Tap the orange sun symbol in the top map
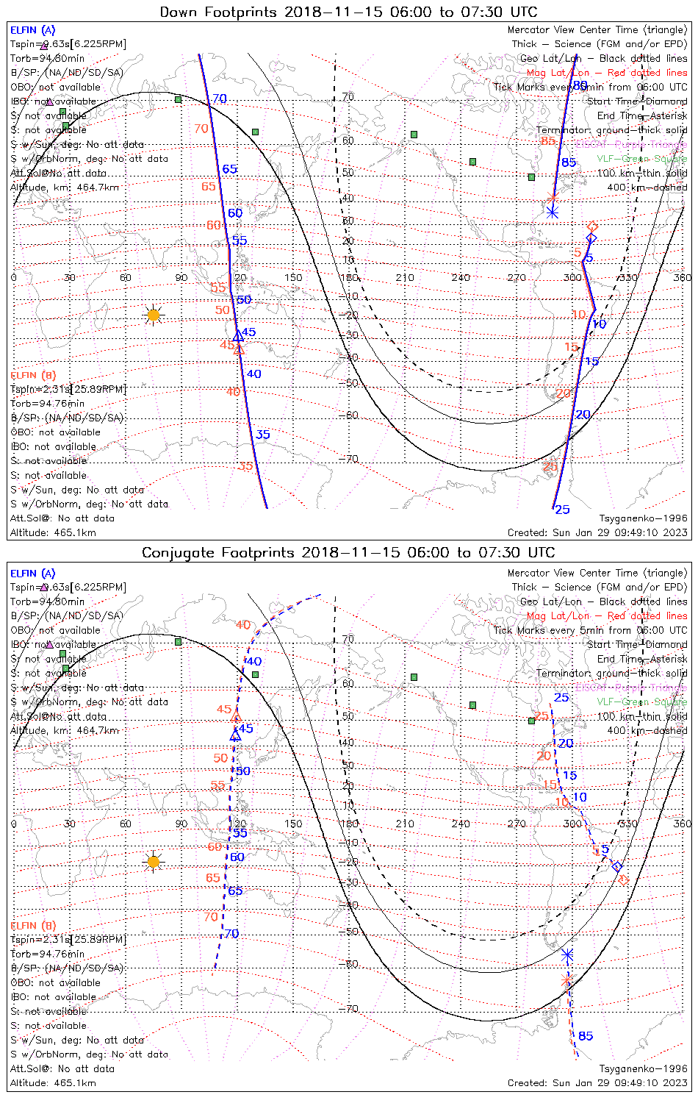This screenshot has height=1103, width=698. pos(153,315)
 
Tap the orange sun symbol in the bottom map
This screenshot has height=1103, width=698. pos(153,862)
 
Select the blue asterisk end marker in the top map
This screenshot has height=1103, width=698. pos(553,213)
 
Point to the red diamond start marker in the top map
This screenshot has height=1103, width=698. pos(592,226)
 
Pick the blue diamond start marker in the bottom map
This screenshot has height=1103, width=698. pos(617,866)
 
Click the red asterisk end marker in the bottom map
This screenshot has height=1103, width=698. pos(566,981)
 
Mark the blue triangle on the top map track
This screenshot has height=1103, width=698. pos(237,336)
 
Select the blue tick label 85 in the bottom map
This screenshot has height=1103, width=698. pos(586,1036)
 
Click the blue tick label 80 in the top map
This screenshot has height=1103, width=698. pos(580,86)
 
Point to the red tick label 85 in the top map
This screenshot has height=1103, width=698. pos(547,141)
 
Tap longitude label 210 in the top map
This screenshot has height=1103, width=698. pos(405,277)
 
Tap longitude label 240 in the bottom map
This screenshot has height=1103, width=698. pos(461,824)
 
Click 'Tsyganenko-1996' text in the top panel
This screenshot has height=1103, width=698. pos(643,518)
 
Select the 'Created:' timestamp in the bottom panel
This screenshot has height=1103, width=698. pos(597,1083)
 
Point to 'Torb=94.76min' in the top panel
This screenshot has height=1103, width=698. pos(47,404)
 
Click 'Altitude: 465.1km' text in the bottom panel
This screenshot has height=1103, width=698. pos(53,1083)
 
